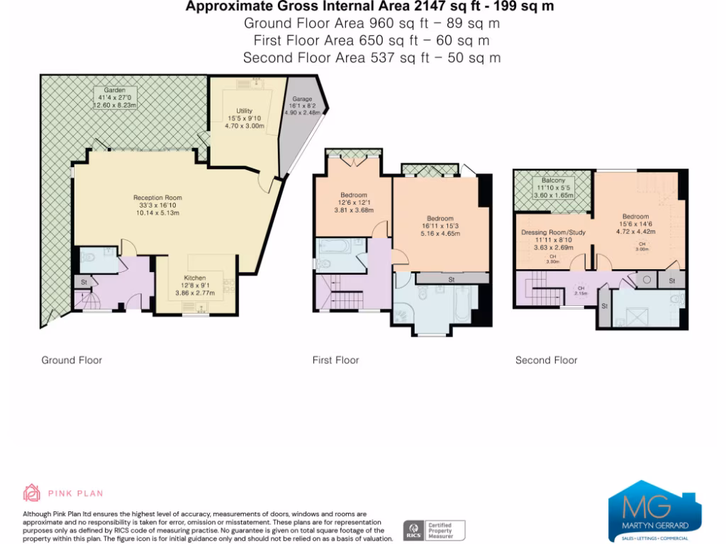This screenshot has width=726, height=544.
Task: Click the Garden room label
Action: pyautogui.click(x=114, y=91)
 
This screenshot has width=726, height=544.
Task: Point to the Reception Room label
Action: pyautogui.click(x=157, y=198)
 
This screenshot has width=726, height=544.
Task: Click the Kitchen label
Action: pyautogui.click(x=195, y=278)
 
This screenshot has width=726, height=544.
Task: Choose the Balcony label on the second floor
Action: pyautogui.click(x=552, y=181)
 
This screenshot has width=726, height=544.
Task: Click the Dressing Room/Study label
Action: pyautogui.click(x=552, y=232)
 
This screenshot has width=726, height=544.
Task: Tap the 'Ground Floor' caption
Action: pyautogui.click(x=72, y=360)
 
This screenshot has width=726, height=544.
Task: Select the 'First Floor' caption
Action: pyautogui.click(x=335, y=360)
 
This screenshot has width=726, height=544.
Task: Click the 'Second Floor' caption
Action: pyautogui.click(x=546, y=360)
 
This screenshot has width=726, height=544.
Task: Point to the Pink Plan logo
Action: pyautogui.click(x=64, y=493)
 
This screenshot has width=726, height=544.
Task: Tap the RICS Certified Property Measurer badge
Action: pyautogui.click(x=434, y=531)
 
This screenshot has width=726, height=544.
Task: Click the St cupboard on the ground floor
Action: pyautogui.click(x=83, y=282)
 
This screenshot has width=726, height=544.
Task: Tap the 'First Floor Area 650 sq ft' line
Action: pyautogui.click(x=372, y=40)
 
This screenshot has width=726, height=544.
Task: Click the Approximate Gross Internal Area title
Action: pyautogui.click(x=369, y=6)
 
